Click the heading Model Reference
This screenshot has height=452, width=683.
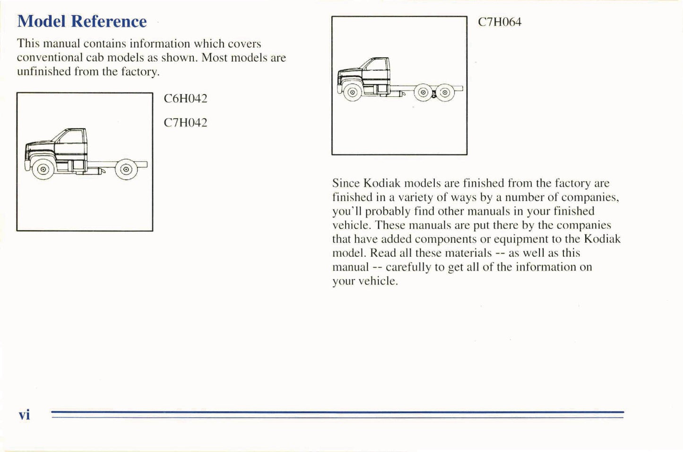pos(82,22)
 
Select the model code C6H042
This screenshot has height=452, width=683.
pos(185,99)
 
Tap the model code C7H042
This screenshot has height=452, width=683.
pos(185,123)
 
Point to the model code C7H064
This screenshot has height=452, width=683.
pos(500,22)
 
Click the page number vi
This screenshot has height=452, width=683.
pos(24,415)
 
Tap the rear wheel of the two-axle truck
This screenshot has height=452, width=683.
pos(126,170)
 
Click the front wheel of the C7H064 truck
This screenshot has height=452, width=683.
pos(352,92)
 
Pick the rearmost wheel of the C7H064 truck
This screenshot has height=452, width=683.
pos(445,93)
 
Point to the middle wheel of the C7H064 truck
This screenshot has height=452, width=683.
pos(424,93)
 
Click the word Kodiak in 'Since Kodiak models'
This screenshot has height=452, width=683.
pos(381,183)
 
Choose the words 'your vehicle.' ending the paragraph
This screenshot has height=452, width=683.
pos(365,281)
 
